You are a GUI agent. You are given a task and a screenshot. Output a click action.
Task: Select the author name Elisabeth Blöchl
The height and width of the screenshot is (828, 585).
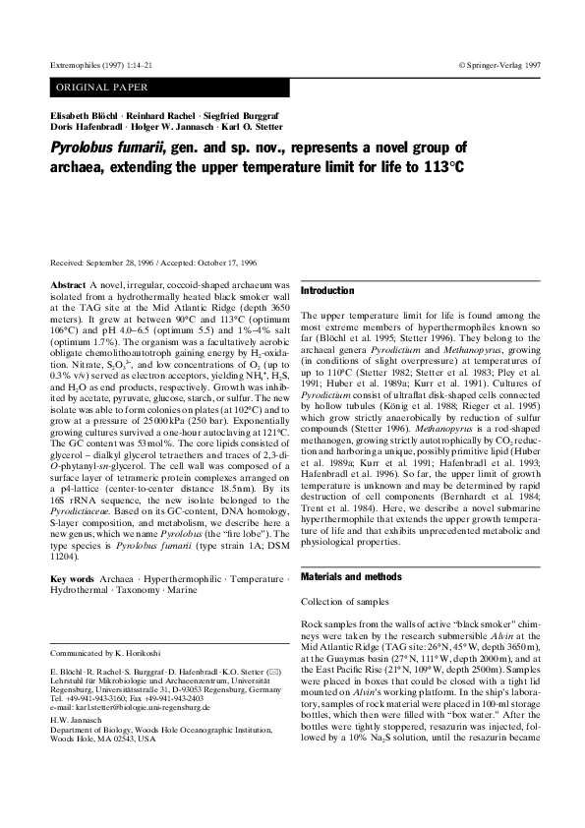click(75, 117)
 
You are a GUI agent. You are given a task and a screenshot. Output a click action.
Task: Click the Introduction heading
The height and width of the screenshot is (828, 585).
click(326, 291)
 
